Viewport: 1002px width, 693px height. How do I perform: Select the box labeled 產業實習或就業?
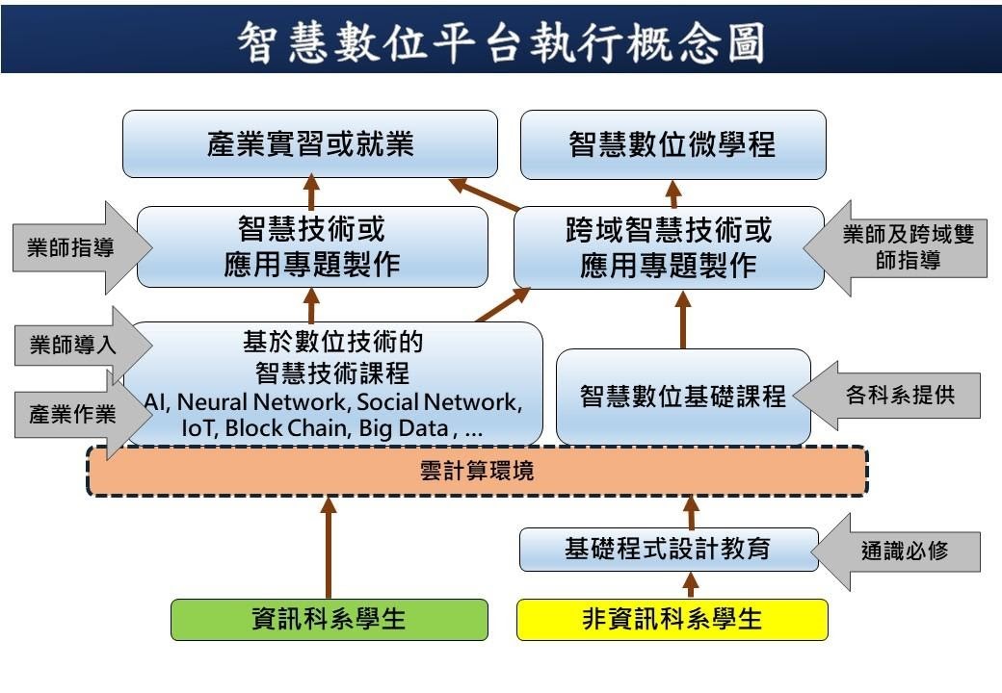tap(310, 144)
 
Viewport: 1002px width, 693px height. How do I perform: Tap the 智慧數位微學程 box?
tap(672, 144)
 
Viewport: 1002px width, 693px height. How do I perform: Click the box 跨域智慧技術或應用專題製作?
tap(669, 247)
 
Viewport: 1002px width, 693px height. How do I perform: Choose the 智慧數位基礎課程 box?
tap(683, 396)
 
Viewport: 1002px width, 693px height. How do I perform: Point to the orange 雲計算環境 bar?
tap(477, 471)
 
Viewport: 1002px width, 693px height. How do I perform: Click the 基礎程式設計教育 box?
tap(668, 549)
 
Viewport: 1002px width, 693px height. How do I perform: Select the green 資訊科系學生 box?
tap(330, 619)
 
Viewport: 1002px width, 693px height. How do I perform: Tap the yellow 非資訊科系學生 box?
tap(672, 619)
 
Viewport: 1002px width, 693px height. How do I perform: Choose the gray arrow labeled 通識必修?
tap(901, 551)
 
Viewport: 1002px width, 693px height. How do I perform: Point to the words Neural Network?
tap(247, 401)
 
